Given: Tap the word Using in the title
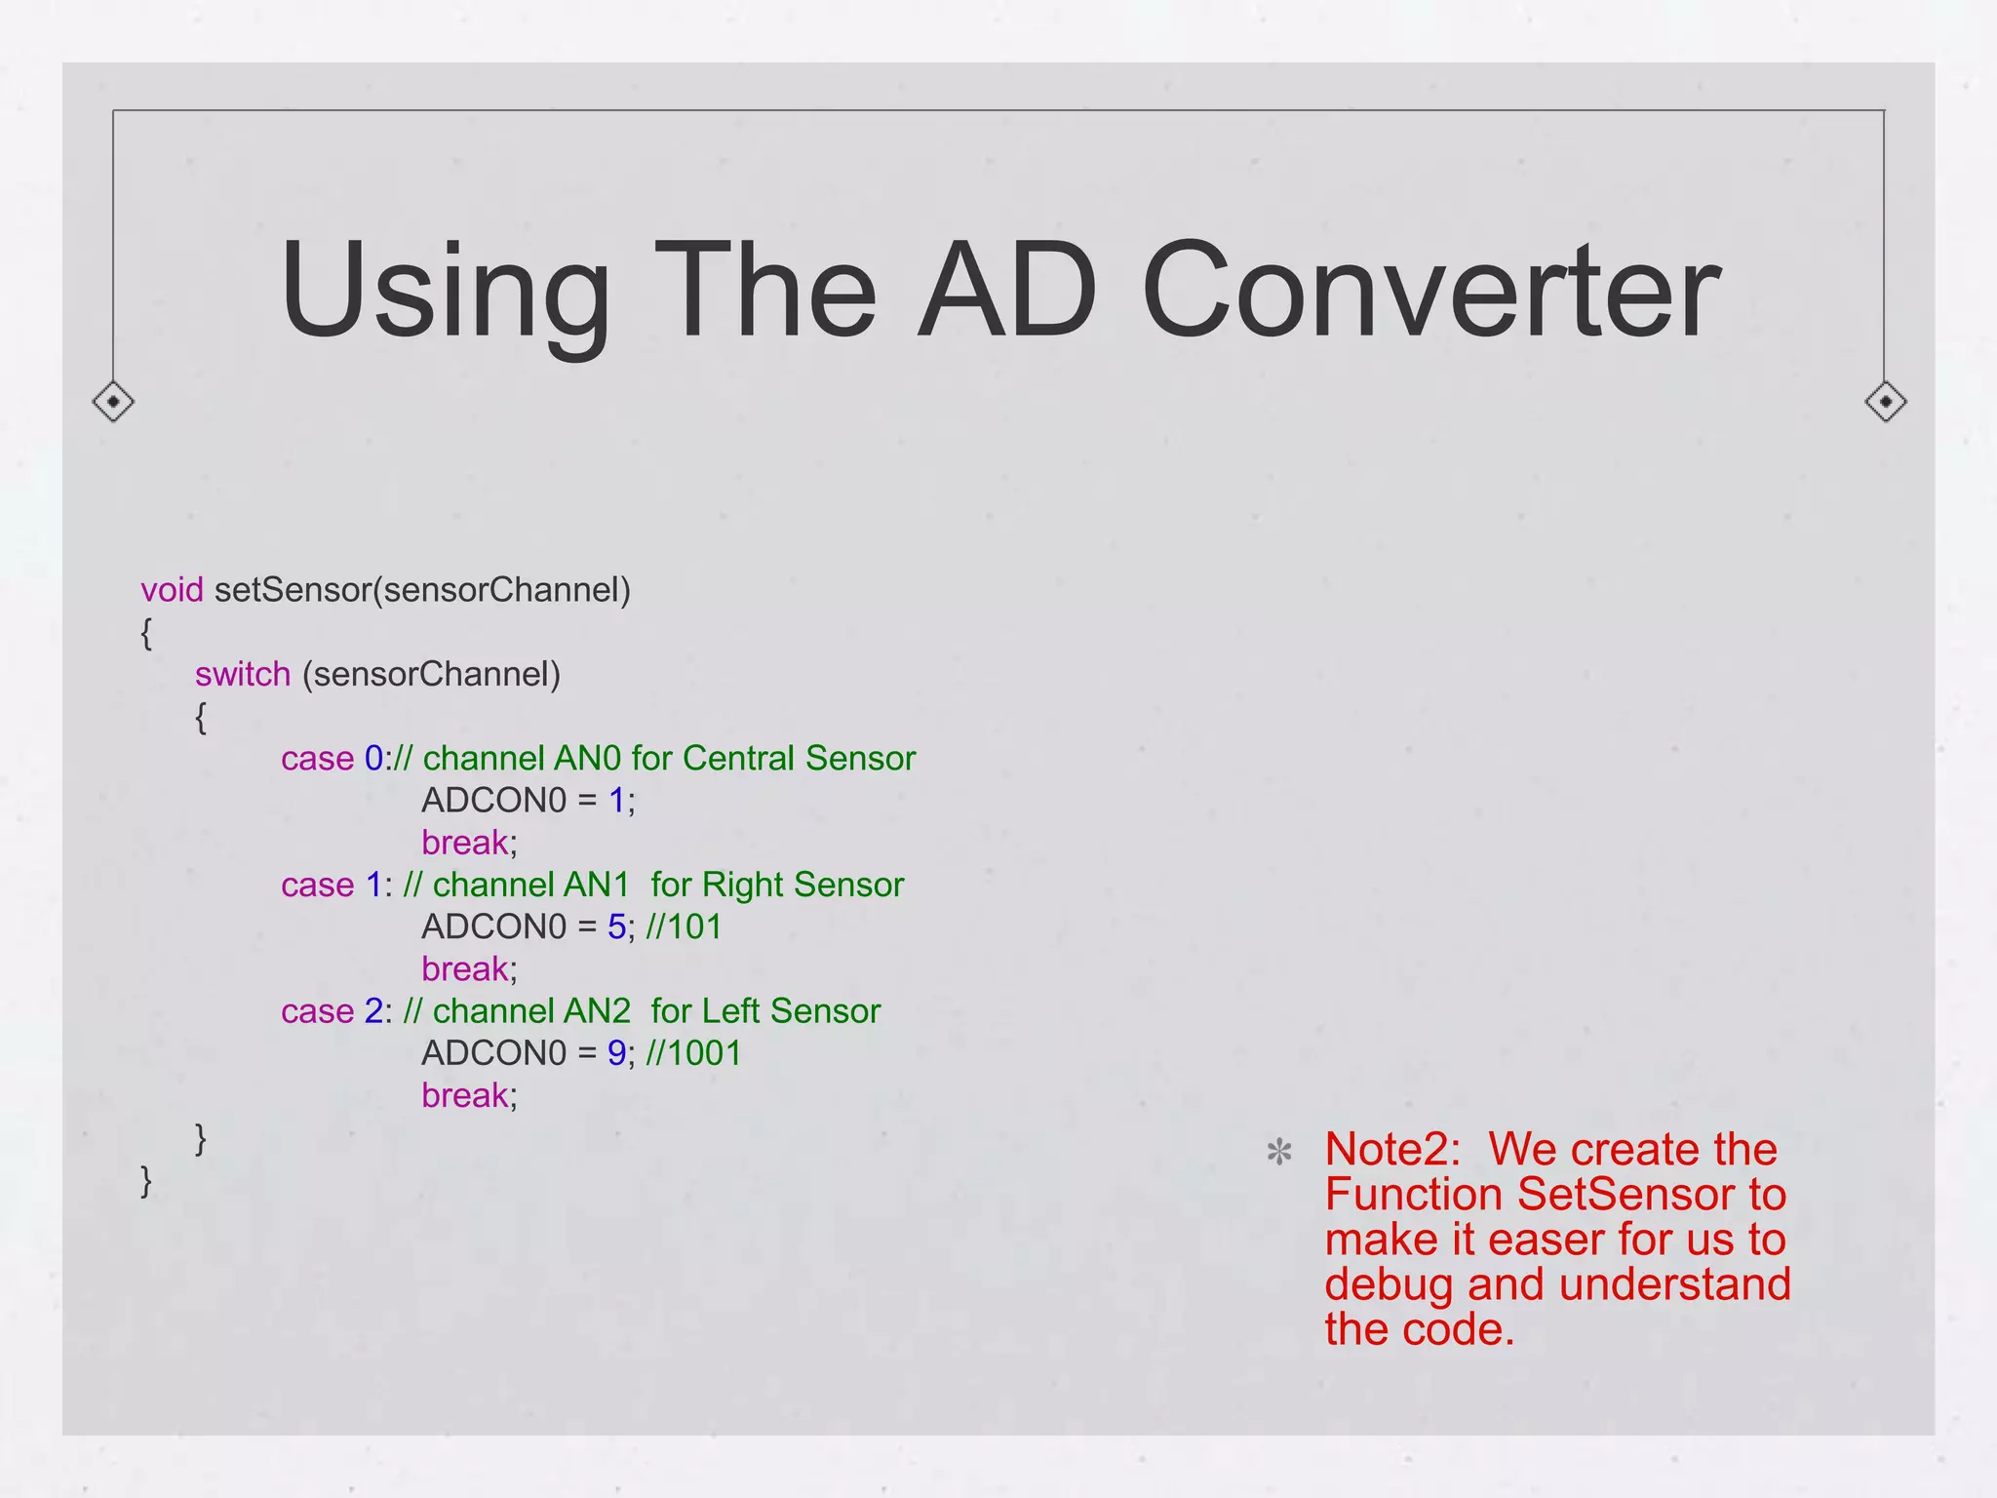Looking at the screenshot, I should coord(446,293).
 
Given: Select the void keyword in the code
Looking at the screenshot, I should coord(172,590).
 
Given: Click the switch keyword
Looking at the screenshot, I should coord(243,674).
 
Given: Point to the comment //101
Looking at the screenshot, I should coord(684,926).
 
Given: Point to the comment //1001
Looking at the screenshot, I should coord(693,1053).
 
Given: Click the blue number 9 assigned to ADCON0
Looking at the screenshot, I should coord(616,1053).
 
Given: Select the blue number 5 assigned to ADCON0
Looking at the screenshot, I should coord(616,926).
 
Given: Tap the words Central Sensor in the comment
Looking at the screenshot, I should coord(799,758).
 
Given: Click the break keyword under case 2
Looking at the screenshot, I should coord(465,1095).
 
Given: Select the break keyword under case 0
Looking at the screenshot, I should coord(465,843).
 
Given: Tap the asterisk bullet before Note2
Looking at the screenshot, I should coord(1279,1153).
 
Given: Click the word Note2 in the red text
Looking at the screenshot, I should coord(1391,1149).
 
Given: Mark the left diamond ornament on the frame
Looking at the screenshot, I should coord(113,401).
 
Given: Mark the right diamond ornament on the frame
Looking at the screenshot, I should coord(1885,401).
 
